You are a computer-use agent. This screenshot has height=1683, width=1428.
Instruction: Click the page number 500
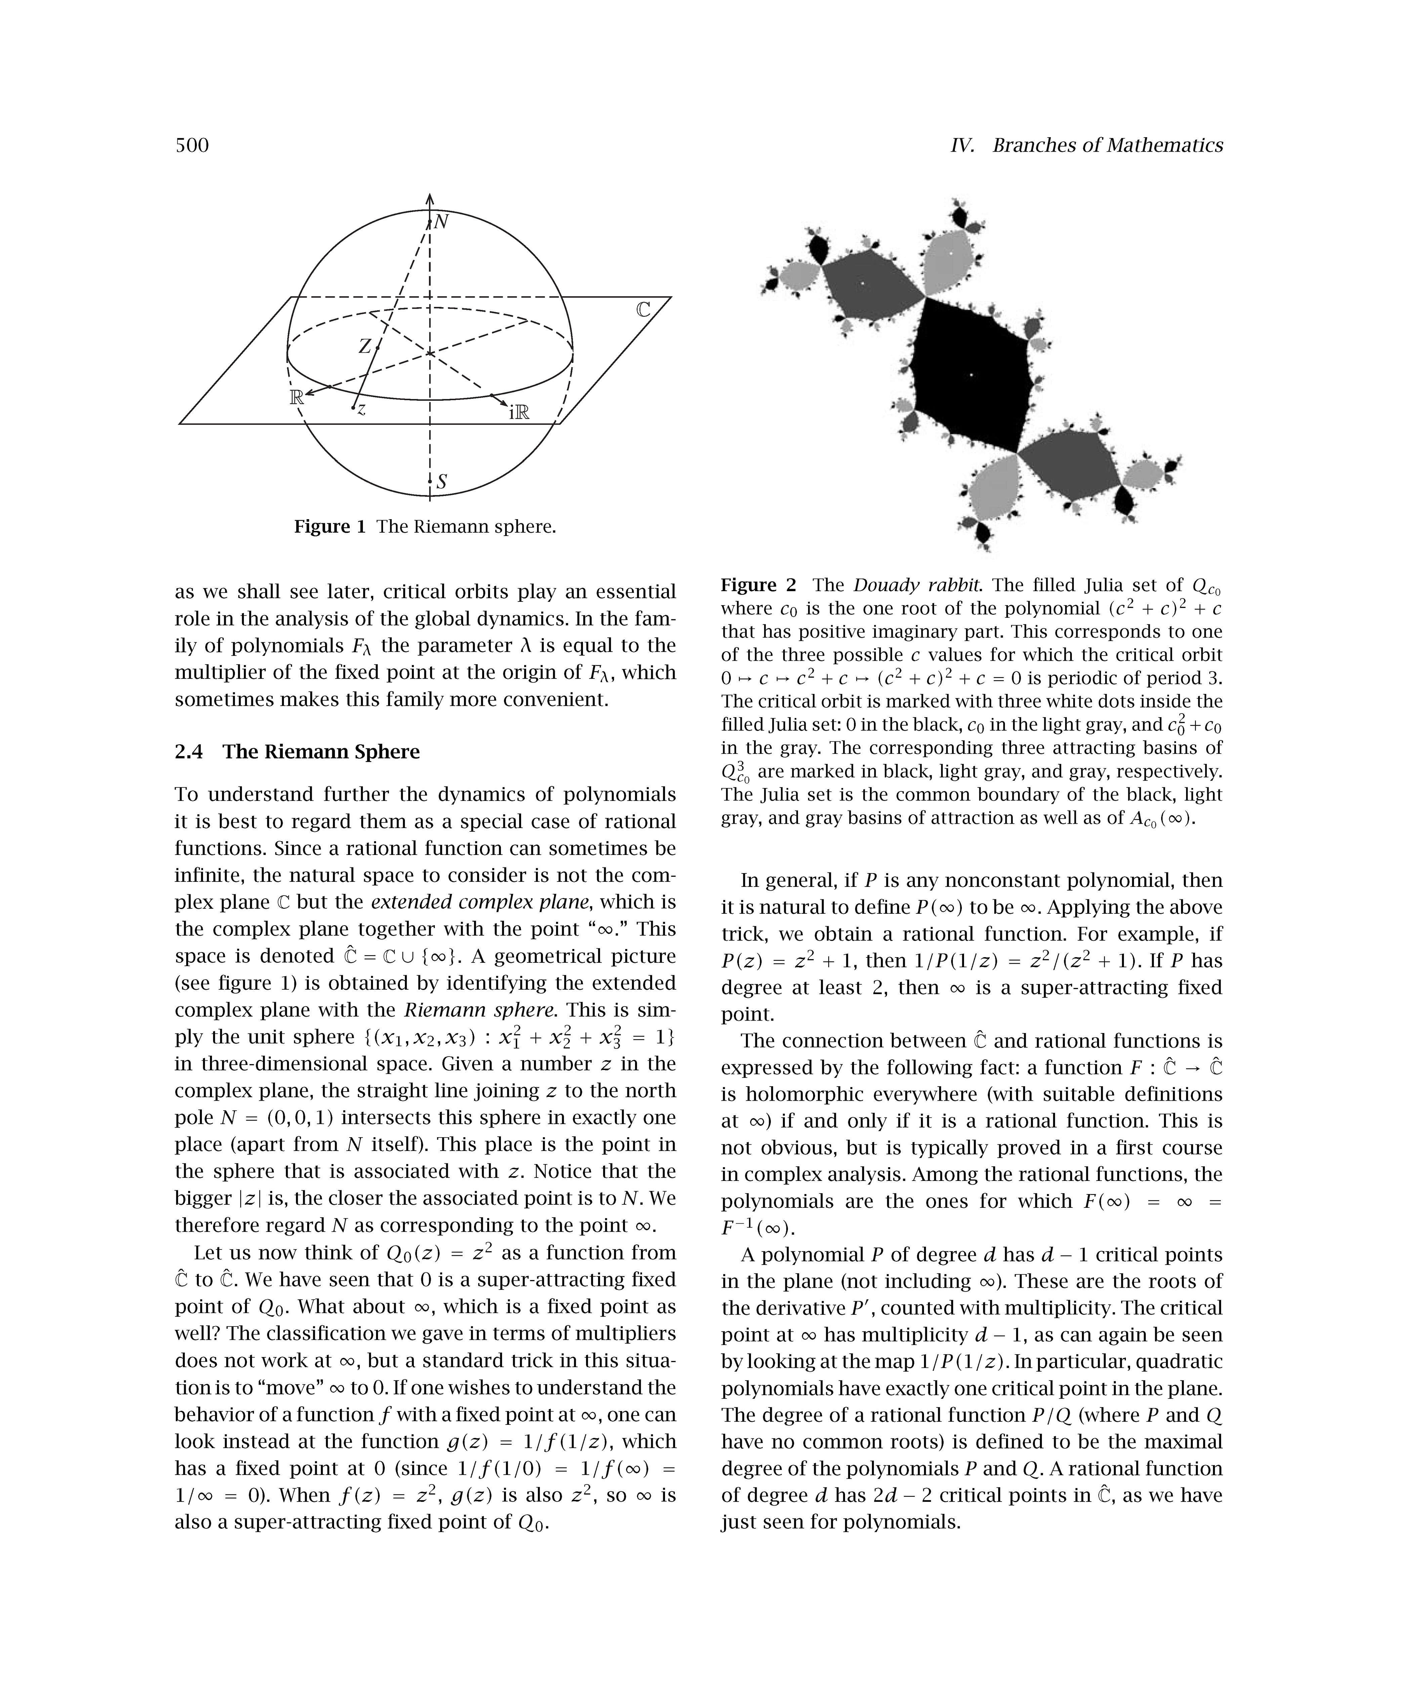[192, 146]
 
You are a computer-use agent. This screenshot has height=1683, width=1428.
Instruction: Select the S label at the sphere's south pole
[441, 483]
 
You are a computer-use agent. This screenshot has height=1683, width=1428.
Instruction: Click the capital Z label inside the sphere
[365, 346]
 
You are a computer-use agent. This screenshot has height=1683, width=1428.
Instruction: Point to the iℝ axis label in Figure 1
[519, 413]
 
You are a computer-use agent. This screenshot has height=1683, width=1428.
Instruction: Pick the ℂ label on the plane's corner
[643, 310]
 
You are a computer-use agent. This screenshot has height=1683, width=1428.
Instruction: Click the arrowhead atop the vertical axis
[430, 198]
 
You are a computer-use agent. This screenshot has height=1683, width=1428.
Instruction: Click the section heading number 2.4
[190, 752]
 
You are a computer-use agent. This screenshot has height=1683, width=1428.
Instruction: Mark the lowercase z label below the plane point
[362, 410]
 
